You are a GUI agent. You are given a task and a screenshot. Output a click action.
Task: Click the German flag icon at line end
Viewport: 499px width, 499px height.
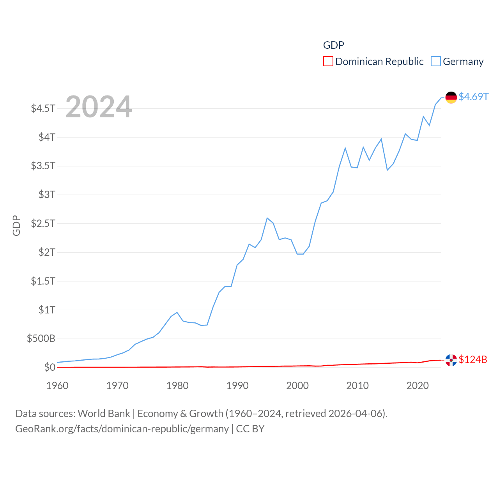point(451,97)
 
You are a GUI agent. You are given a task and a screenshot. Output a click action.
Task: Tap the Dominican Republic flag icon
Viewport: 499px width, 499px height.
point(451,360)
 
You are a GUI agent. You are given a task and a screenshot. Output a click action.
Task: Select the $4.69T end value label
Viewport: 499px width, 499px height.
point(473,97)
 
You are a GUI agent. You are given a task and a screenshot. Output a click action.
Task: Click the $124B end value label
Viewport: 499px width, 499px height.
point(472,359)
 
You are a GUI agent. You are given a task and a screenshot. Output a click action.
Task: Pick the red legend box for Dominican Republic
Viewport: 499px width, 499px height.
point(328,62)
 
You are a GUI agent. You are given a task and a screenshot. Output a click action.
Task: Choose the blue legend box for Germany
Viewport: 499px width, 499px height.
point(436,62)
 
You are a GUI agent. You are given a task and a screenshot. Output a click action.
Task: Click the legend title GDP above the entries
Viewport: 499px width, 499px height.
point(334,45)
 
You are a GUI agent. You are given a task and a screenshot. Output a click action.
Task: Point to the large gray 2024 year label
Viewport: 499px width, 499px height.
point(99,107)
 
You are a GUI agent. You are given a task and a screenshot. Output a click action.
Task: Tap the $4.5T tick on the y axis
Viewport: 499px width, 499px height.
point(43,108)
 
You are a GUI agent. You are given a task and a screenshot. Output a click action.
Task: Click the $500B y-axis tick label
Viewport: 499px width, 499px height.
point(41,338)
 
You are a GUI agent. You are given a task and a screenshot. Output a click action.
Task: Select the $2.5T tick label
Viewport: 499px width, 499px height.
point(43,223)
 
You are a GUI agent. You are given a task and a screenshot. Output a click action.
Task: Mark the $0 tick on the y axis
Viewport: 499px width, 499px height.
point(50,367)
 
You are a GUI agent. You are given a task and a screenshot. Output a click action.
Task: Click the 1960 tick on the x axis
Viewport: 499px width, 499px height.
point(57,386)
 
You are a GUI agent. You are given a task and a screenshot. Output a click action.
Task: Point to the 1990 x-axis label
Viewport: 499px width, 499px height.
point(237,386)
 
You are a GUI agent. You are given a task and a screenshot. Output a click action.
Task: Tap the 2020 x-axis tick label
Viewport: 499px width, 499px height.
point(418,386)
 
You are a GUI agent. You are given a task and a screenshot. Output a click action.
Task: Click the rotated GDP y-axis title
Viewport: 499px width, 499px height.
point(16,225)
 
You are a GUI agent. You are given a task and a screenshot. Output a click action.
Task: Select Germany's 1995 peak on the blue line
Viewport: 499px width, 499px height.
point(267,218)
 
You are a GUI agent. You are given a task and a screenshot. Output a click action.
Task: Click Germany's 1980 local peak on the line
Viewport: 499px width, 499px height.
point(177,312)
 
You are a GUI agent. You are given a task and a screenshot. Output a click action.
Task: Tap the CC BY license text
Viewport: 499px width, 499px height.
point(250,429)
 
